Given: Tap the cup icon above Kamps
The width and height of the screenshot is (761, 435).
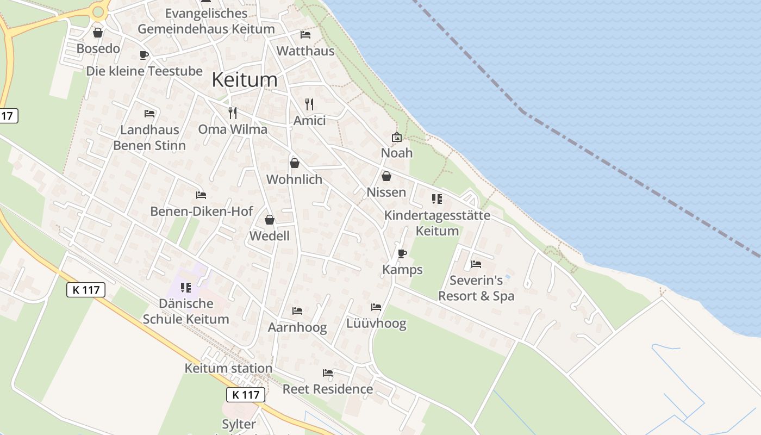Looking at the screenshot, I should pos(402,253).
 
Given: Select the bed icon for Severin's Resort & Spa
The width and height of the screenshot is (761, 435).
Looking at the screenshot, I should pos(476,264).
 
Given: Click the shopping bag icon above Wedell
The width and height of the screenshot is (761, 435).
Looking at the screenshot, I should pos(269,220).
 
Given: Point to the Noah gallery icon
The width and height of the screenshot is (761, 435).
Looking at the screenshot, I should pos(396,137).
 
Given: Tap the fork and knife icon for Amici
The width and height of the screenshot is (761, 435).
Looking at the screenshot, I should pos(309,104).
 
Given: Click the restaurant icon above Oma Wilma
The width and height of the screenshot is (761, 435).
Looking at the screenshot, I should pos(233,113).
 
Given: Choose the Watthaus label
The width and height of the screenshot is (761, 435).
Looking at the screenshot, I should pos(305,51).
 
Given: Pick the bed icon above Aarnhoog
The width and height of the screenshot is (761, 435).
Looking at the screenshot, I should pos(297,311).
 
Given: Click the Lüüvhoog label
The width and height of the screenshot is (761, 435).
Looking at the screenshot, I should pos(376,324).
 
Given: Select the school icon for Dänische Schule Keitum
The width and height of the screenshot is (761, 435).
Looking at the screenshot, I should pos(186,287).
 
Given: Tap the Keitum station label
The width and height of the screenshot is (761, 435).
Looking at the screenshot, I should pos(228,368).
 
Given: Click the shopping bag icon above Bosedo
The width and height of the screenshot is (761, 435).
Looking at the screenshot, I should pos(98,33).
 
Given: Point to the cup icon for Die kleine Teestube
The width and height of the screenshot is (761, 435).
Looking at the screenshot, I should pos(144,55).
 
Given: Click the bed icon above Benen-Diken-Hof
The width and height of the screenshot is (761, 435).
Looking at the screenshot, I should pos(201,195).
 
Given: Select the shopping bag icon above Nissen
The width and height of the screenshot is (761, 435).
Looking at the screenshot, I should pos(386,176).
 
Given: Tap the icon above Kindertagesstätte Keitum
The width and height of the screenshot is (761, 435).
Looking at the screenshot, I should pos(436,199).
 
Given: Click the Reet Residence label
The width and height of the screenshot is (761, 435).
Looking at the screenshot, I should pos(328,389).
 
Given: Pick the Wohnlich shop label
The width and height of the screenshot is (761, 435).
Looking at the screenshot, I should pos(294,179).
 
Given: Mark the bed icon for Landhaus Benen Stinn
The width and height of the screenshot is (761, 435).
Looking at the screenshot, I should pos(149,114).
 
